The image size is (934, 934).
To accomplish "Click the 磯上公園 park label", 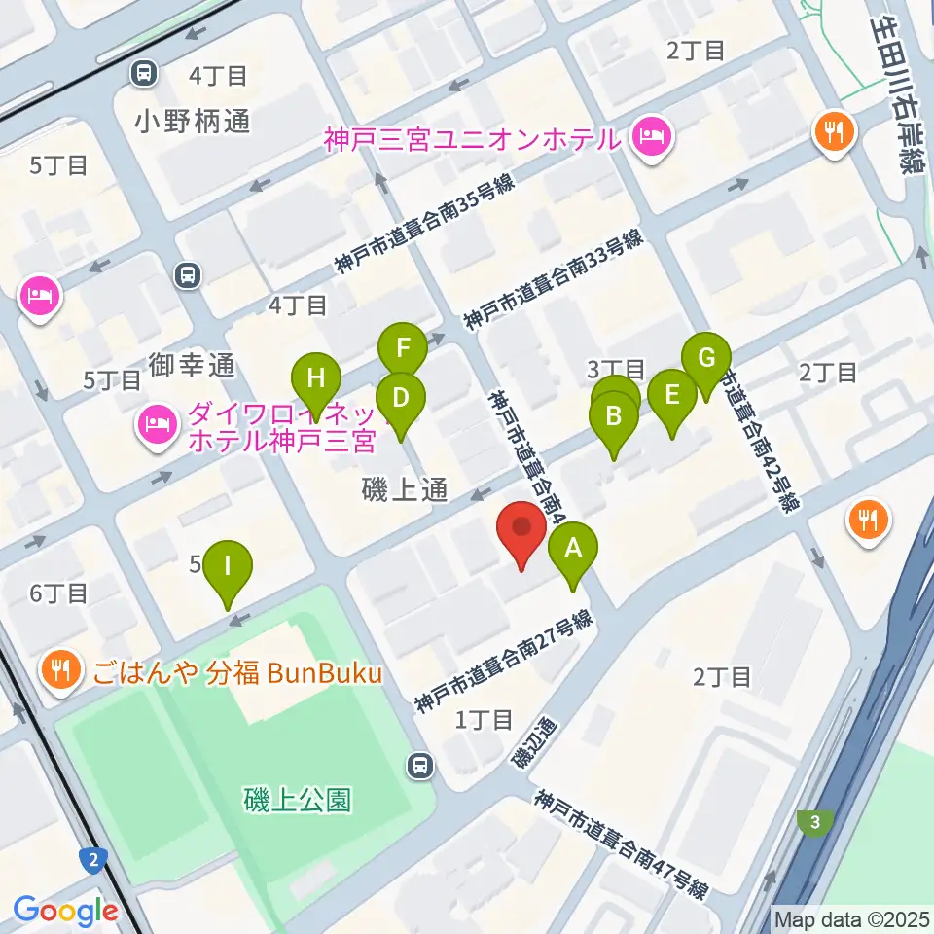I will [x=296, y=801].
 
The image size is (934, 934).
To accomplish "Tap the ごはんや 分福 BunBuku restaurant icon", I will [x=61, y=671].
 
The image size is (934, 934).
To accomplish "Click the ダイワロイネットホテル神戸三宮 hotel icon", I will [x=157, y=425].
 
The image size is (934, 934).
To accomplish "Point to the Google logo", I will [x=66, y=911].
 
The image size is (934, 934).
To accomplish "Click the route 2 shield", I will [x=92, y=859].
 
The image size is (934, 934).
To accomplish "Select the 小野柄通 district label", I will [x=193, y=122].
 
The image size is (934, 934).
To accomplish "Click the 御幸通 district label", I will [x=193, y=365].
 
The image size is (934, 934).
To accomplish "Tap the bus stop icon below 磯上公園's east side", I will [x=420, y=766].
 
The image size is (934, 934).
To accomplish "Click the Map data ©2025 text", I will [x=850, y=918].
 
